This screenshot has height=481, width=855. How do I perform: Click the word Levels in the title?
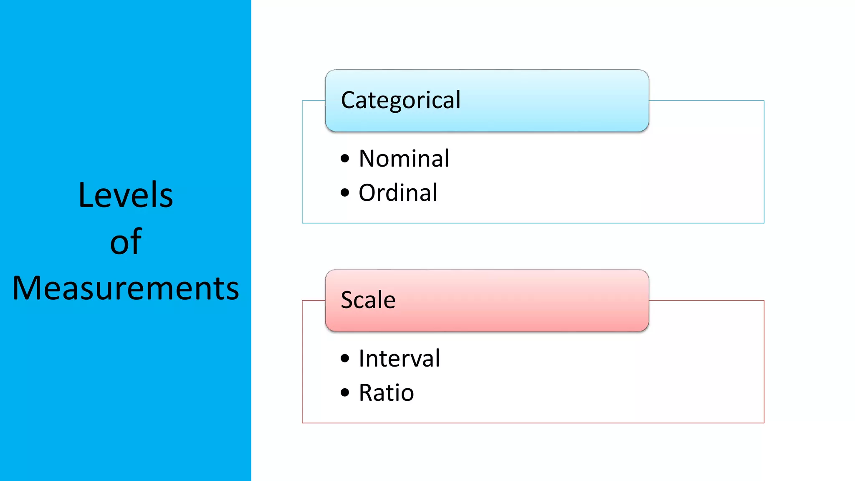coord(125,195)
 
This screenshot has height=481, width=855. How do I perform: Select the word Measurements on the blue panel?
coord(126,288)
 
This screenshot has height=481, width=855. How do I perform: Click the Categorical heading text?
coord(401,100)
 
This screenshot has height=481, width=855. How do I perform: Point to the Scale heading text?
coord(368,300)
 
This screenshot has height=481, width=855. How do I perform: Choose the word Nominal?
coord(404,159)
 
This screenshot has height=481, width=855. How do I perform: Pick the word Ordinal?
coord(398,193)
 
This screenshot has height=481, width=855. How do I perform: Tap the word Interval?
coord(399,358)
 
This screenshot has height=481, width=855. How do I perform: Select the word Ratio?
coord(386,392)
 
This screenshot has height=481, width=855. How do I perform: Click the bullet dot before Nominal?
coord(345,159)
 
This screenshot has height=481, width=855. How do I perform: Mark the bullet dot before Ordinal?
coord(345,193)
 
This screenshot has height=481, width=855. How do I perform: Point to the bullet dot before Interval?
coord(345,358)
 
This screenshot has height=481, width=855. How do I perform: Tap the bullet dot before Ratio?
coord(345,392)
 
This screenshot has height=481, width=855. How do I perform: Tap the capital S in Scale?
coord(347,300)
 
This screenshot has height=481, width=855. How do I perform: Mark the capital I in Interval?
coord(362,358)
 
